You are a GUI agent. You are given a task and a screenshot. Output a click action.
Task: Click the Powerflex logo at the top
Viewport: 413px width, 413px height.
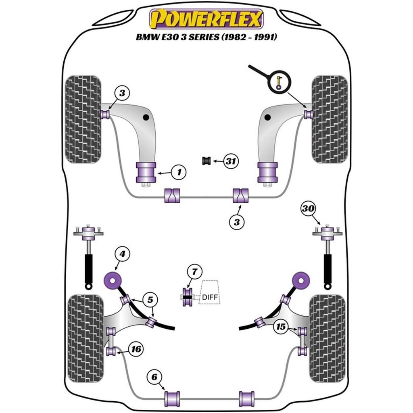tap(206, 19)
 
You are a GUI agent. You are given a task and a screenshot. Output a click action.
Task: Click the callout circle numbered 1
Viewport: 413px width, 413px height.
tap(179, 173)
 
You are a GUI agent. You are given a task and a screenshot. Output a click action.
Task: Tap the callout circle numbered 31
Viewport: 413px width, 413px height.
tap(230, 162)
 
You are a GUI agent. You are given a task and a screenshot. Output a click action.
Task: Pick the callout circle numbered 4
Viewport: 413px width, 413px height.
tap(122, 254)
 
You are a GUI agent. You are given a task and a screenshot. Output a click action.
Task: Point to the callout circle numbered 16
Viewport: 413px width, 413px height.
tap(137, 348)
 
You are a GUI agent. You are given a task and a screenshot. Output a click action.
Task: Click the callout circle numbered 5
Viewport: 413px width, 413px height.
tap(150, 300)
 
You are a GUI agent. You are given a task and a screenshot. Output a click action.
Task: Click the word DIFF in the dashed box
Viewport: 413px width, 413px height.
tap(209, 298)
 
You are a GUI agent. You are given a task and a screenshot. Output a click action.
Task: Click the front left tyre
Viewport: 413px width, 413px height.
tap(83, 119)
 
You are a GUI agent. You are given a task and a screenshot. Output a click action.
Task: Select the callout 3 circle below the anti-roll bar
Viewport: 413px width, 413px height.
tap(237, 221)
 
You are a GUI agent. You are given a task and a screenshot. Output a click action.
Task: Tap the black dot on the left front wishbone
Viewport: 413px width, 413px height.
tap(146, 117)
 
